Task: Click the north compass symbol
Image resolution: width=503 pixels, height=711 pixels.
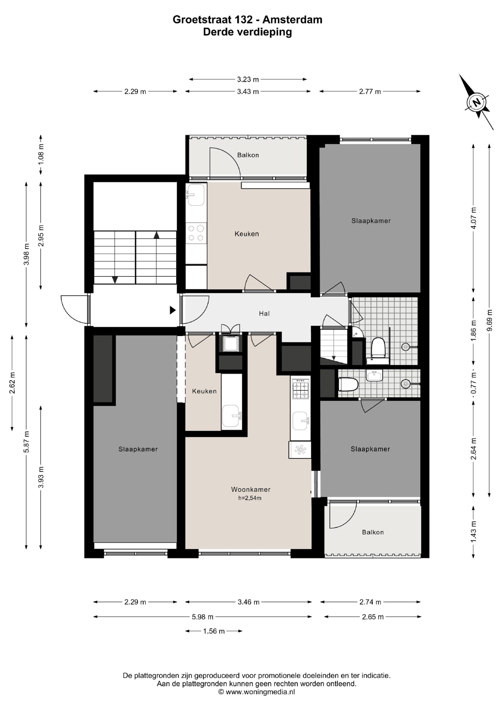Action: click(477, 102)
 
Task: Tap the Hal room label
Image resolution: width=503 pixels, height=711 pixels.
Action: click(264, 313)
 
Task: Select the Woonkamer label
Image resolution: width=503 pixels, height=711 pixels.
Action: click(251, 489)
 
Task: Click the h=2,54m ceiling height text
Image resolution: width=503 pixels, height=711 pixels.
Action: click(250, 498)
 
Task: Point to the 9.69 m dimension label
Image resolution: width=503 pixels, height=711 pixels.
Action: click(489, 320)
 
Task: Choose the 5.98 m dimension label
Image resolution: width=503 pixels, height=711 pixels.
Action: click(202, 617)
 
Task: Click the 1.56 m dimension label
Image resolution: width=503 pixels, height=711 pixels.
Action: click(214, 631)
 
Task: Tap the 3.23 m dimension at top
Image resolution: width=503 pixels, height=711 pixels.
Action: click(248, 79)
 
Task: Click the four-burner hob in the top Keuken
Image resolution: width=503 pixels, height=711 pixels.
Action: click(196, 233)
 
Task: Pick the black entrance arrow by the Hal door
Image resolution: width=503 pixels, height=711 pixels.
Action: click(173, 310)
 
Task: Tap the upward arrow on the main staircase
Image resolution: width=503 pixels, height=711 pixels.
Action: click(156, 235)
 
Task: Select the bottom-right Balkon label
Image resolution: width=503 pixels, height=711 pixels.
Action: click(373, 532)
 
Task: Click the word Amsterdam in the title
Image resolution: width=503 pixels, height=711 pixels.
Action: click(292, 19)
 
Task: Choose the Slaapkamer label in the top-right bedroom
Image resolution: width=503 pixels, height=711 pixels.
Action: click(371, 221)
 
